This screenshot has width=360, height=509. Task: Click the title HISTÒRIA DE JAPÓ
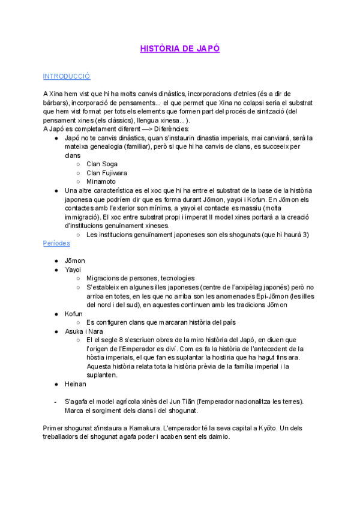click(x=180, y=48)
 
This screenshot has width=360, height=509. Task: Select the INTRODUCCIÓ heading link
click(x=67, y=76)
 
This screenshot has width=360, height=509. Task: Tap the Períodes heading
click(x=56, y=243)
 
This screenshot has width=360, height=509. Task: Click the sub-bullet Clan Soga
click(x=102, y=164)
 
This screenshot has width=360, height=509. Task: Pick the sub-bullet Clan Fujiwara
click(x=106, y=173)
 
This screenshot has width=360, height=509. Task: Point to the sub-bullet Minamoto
click(x=101, y=181)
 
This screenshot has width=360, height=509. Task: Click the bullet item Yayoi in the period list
click(x=73, y=270)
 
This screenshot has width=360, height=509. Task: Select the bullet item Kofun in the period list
click(x=73, y=313)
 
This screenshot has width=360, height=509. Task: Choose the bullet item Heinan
click(x=76, y=384)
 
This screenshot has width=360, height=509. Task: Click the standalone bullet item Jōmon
click(x=75, y=261)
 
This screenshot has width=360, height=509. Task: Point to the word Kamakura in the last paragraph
click(x=144, y=428)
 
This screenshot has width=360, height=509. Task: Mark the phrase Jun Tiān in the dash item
click(x=163, y=401)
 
